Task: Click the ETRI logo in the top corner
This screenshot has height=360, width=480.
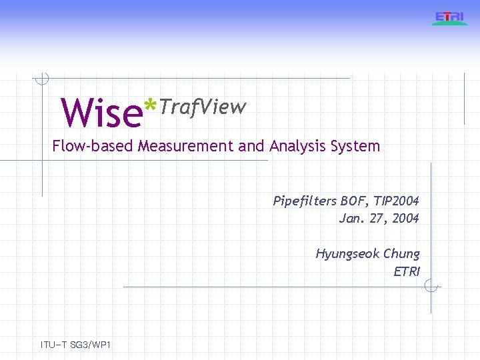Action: click(450, 17)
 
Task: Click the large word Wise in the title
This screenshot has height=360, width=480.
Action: click(101, 113)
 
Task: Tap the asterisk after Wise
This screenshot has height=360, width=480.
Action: click(152, 105)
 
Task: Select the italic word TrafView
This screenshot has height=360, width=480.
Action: click(203, 107)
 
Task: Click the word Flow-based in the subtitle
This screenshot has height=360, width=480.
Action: click(93, 146)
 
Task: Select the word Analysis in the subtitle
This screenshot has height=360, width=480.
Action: click(296, 146)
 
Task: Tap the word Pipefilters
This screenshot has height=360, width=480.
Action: click(305, 201)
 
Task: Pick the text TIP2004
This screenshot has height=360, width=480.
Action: click(397, 201)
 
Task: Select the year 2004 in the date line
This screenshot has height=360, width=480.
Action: click(405, 218)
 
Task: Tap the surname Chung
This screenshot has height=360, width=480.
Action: click(401, 254)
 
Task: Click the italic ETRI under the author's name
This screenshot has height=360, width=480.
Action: click(407, 271)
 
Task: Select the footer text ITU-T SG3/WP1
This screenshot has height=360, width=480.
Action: click(75, 345)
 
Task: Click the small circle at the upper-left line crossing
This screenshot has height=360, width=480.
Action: click(42, 79)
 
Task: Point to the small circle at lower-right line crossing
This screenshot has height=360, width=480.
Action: click(431, 287)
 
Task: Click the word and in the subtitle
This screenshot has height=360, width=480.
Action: click(251, 146)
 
